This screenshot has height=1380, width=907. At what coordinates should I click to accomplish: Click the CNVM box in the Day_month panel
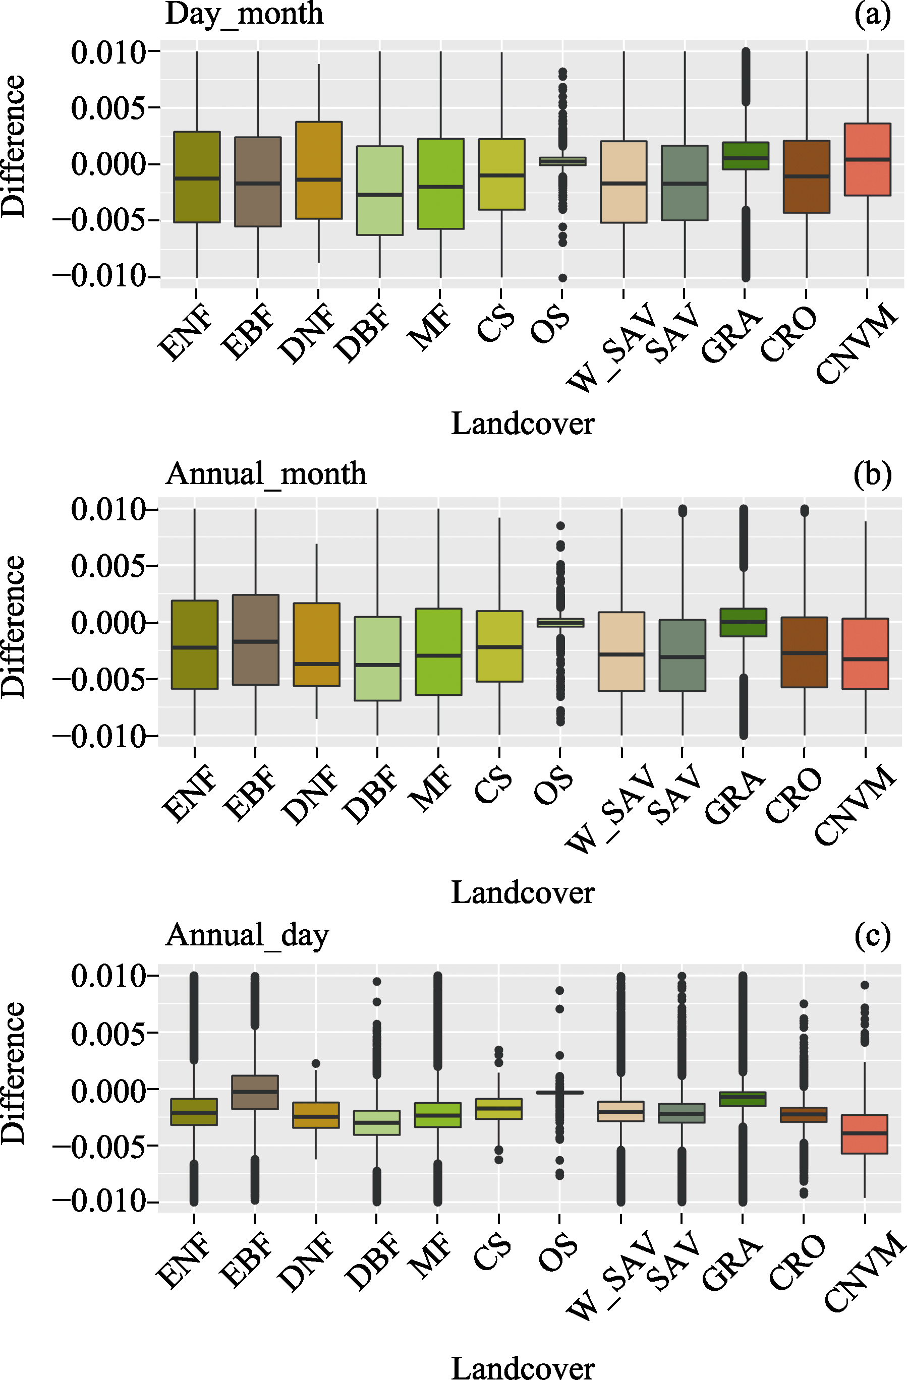point(867,159)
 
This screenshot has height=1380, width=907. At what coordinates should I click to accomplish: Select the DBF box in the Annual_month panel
point(377,658)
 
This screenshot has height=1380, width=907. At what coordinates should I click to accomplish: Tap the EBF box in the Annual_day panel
point(255,1093)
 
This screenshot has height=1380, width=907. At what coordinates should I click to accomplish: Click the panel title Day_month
point(244,14)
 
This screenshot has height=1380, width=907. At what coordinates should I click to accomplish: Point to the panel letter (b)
point(872,474)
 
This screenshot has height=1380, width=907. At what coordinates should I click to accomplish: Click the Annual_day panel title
point(247,935)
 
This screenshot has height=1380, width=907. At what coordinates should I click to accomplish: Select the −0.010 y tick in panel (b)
point(100,736)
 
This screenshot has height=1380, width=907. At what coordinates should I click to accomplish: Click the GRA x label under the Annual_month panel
point(734,797)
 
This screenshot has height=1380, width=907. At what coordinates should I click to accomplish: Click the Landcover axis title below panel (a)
point(522,424)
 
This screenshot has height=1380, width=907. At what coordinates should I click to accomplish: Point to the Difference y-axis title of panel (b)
point(13,626)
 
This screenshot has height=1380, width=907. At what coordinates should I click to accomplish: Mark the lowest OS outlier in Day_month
point(562,278)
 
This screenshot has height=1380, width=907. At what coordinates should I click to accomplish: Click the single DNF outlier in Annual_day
point(316,1063)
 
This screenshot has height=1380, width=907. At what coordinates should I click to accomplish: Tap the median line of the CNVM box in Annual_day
point(865,1132)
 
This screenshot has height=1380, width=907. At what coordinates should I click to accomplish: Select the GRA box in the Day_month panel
point(745,155)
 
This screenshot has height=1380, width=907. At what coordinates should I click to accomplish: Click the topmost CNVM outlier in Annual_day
point(865,985)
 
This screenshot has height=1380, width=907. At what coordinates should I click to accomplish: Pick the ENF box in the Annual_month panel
point(194,644)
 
